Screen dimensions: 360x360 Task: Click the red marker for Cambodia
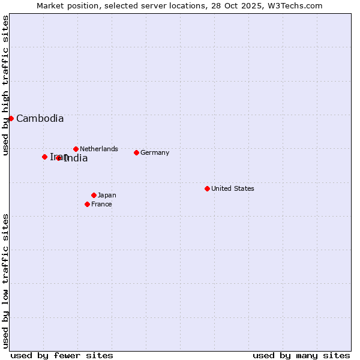tap(11, 118)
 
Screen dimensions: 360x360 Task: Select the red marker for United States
tap(207, 188)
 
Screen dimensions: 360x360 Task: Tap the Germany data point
tap(136, 152)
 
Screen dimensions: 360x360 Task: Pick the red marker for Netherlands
tap(76, 149)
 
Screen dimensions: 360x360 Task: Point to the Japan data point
tap(94, 195)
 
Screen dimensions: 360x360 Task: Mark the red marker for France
tap(87, 204)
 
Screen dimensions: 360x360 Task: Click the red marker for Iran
tap(44, 157)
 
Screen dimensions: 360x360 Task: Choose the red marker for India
tap(59, 158)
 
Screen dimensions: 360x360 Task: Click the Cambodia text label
tap(40, 119)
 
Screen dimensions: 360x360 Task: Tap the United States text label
tap(233, 188)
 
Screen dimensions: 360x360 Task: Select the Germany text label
tap(155, 152)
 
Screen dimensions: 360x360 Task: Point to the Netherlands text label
tap(99, 149)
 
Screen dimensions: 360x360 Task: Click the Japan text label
tap(107, 195)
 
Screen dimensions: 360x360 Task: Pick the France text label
tap(101, 204)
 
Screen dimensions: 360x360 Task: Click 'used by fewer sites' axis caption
tap(62, 355)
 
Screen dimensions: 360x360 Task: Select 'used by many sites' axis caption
tap(301, 355)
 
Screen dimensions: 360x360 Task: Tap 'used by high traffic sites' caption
tap(5, 86)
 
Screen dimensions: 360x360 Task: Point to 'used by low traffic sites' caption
tap(5, 281)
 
